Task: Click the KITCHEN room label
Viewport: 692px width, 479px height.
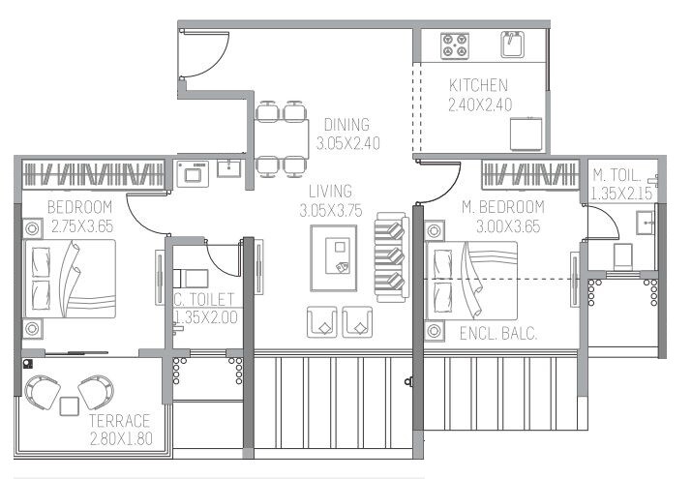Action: coord(479,86)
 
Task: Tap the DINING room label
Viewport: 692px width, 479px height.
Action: coord(346,124)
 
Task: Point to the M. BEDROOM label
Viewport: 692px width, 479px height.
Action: coord(502,207)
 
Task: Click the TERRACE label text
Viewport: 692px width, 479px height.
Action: coord(119,421)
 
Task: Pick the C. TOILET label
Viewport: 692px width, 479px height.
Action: coord(204,300)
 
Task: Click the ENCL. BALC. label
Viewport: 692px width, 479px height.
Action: coord(498,335)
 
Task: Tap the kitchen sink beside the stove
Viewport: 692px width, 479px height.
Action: coord(512,43)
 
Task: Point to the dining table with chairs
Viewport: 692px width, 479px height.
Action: coord(282,136)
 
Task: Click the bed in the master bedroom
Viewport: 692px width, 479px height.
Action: coord(471,280)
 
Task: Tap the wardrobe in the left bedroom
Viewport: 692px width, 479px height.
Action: coord(93,175)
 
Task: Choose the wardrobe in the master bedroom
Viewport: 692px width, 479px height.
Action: coord(529,175)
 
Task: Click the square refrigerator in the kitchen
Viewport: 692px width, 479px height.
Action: coord(527,133)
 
